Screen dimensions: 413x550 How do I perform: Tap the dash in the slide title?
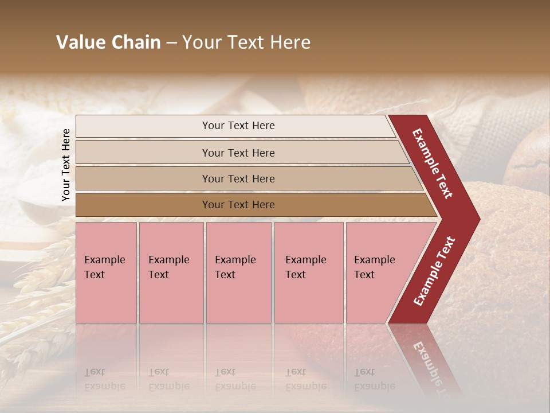click(x=171, y=43)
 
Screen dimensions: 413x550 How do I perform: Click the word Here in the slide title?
click(x=290, y=42)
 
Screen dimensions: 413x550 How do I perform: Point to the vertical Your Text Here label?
click(x=66, y=165)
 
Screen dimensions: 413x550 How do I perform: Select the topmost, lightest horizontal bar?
click(x=238, y=126)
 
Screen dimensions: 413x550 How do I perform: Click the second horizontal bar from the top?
click(x=238, y=153)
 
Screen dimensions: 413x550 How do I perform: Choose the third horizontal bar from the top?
click(x=238, y=178)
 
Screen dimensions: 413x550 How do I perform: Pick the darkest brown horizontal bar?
click(x=238, y=205)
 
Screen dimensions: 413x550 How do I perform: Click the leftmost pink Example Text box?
click(x=106, y=272)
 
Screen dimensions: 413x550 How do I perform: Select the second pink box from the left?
click(x=171, y=272)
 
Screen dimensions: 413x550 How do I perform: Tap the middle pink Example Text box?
click(x=238, y=272)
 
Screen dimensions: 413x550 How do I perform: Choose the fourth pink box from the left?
click(x=308, y=272)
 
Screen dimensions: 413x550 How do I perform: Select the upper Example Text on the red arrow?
click(x=433, y=163)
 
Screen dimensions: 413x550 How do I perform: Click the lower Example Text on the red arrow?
click(x=434, y=271)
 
